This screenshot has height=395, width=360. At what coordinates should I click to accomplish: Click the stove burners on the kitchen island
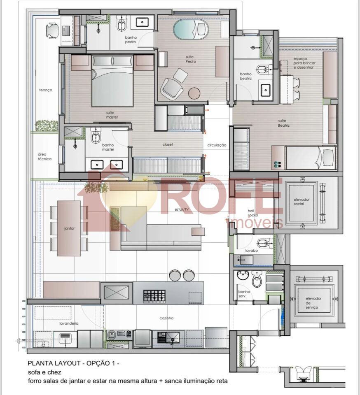tap(154, 295)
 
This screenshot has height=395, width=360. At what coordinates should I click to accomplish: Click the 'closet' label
tap(168, 145)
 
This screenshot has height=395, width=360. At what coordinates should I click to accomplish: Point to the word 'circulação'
tap(217, 145)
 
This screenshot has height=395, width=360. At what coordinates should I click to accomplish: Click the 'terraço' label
tap(45, 90)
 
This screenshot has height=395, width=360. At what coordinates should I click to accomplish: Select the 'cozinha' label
tap(167, 318)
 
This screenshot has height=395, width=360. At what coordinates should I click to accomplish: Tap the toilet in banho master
tap(96, 137)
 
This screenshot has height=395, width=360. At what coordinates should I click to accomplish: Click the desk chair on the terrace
tap(51, 30)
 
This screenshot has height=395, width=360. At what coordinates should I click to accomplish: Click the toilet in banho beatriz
tap(262, 69)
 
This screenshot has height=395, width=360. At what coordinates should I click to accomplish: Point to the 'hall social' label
tap(252, 213)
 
